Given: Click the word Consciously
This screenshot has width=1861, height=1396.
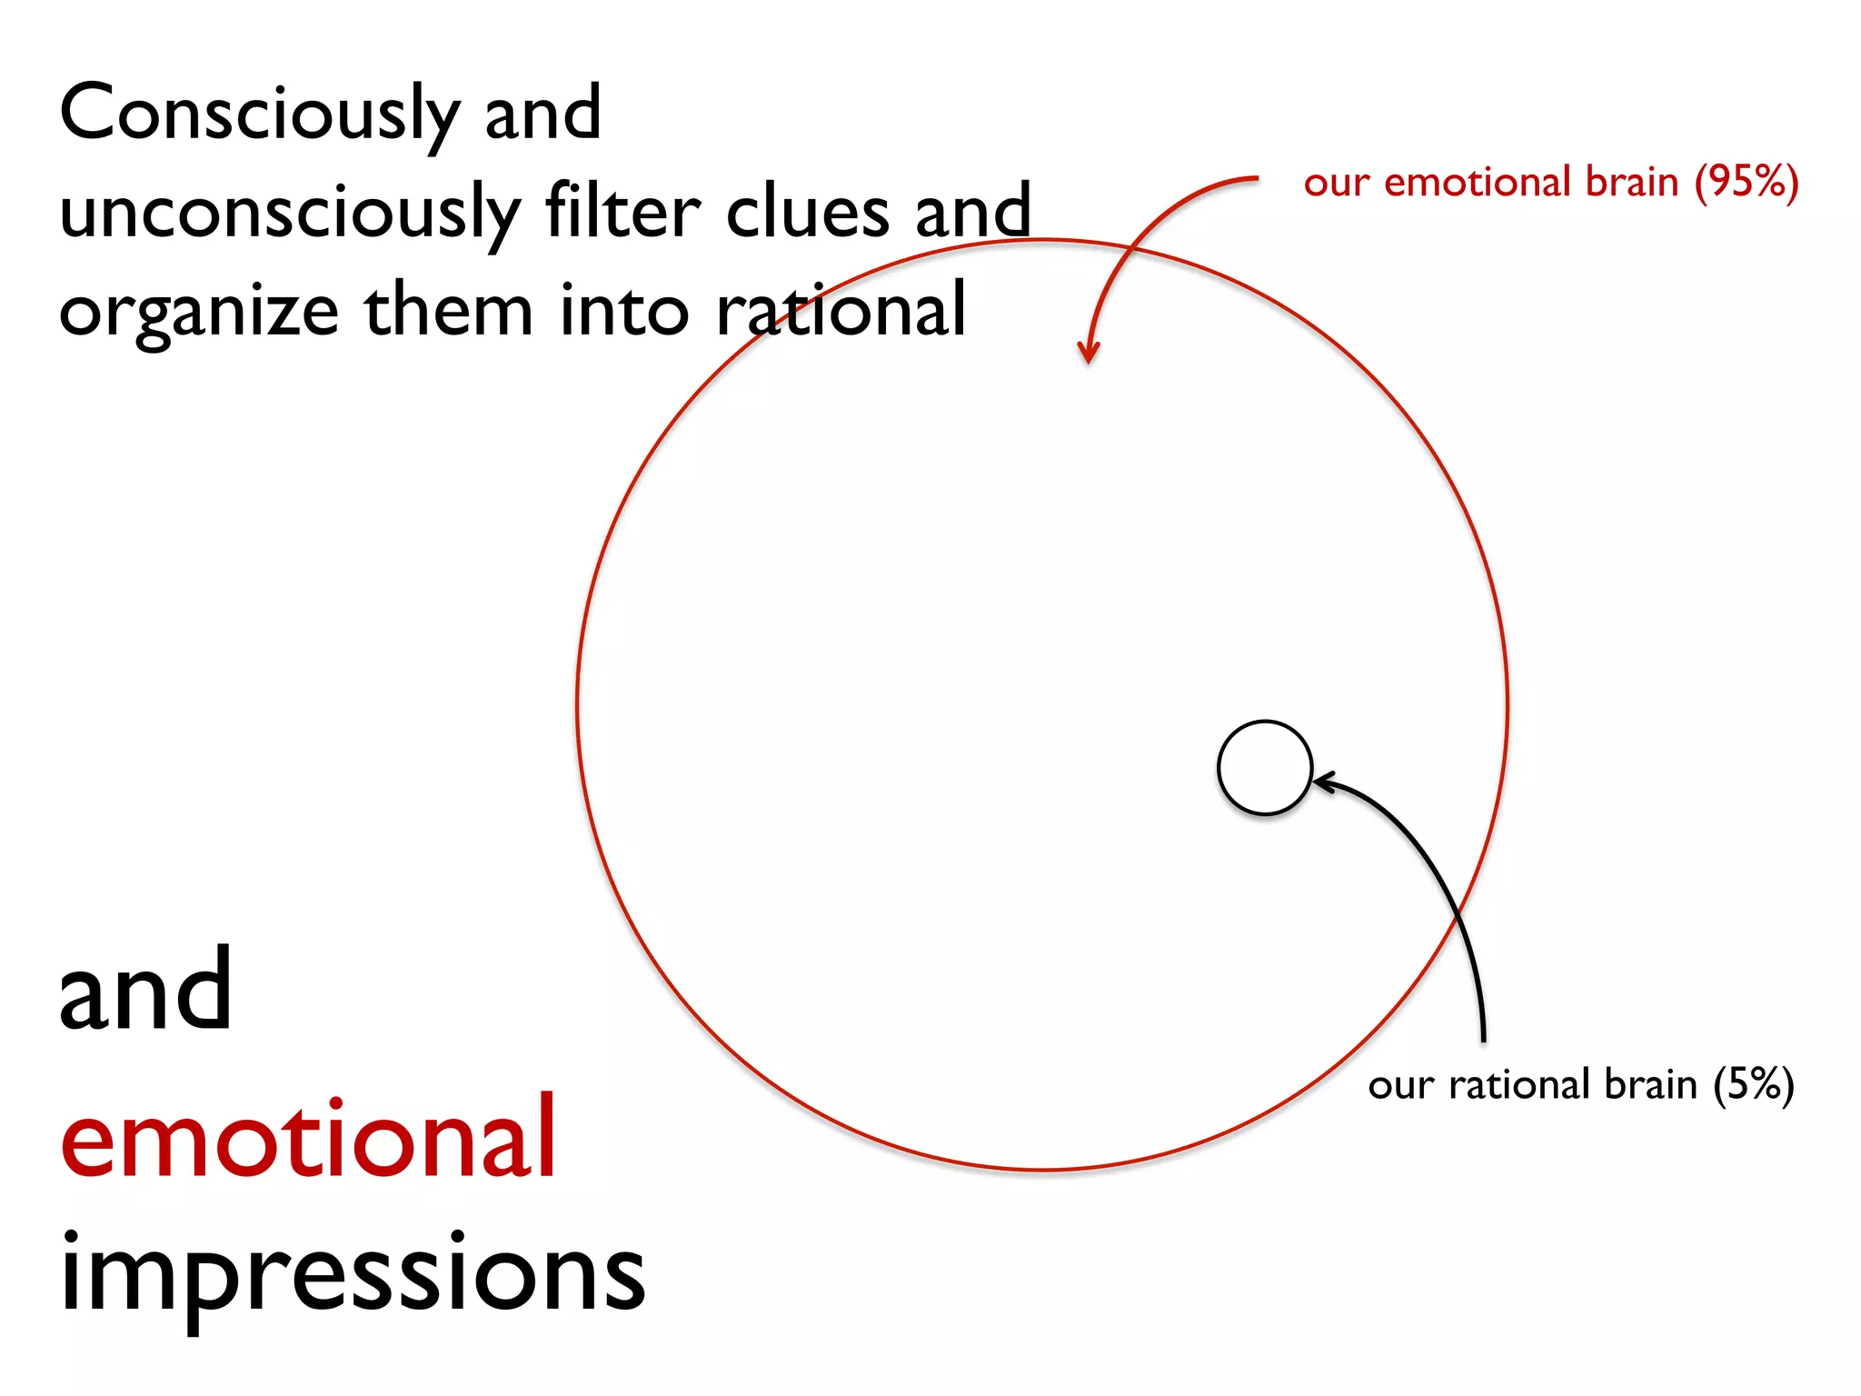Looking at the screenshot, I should click(259, 114).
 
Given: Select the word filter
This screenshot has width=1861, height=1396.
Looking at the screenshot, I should click(622, 211).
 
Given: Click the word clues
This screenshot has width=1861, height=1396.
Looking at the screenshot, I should click(808, 211).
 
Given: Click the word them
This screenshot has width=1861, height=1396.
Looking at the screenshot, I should click(448, 311).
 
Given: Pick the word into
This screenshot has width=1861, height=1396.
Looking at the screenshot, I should click(624, 311).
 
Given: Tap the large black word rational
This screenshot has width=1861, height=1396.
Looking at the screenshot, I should click(841, 311).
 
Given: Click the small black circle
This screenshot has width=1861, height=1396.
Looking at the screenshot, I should click(1264, 768).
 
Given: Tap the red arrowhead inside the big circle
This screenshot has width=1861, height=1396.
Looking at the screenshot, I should click(1088, 353).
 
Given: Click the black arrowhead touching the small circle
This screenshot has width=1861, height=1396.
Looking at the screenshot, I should click(1323, 782).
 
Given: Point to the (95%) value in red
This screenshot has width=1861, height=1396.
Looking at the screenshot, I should click(1746, 182).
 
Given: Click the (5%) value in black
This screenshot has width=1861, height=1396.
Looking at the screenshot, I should click(1753, 1084).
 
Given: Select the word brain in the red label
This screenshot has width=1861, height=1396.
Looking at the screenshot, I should click(1631, 182).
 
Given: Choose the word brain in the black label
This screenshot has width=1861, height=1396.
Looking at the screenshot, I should click(1650, 1084).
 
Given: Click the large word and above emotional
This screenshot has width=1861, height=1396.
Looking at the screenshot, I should click(145, 991).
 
